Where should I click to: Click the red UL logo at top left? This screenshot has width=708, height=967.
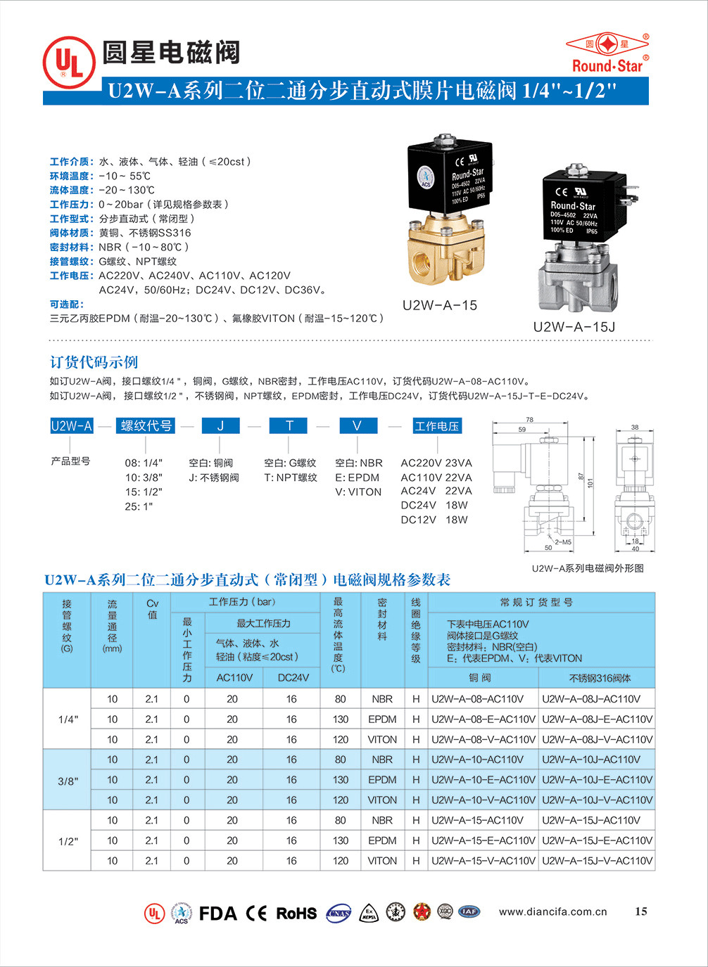coord(69,62)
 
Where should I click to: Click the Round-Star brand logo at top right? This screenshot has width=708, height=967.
coord(607,53)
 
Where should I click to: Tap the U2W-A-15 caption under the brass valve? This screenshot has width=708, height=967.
coord(440,305)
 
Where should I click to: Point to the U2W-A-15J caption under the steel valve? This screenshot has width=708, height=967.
coord(574,326)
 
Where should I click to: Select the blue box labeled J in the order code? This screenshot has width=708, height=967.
coord(220,425)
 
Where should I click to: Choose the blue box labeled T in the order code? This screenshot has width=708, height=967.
coord(289,425)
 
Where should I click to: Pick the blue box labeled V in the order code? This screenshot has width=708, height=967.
coord(357,425)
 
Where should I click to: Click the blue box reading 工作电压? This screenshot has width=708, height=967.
coord(436,426)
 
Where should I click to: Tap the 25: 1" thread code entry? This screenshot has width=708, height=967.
coord(139,506)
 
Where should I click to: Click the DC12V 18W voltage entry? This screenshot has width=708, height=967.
coord(434,520)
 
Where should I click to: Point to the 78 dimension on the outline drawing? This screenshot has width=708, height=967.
coord(529,420)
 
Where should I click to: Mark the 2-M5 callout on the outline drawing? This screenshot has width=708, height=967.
coord(563,542)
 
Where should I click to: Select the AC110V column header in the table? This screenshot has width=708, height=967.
coord(234,677)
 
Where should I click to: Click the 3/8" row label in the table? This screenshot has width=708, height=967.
coord(68,781)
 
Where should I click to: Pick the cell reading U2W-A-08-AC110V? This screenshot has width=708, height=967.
coord(477,699)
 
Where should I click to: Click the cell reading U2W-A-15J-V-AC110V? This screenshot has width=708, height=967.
coord(597,861)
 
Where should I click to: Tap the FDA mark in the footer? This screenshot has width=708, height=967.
coord(217,914)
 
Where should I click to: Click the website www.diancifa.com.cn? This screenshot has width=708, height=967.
coord(552,911)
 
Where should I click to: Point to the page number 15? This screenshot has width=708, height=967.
coord(640,911)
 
